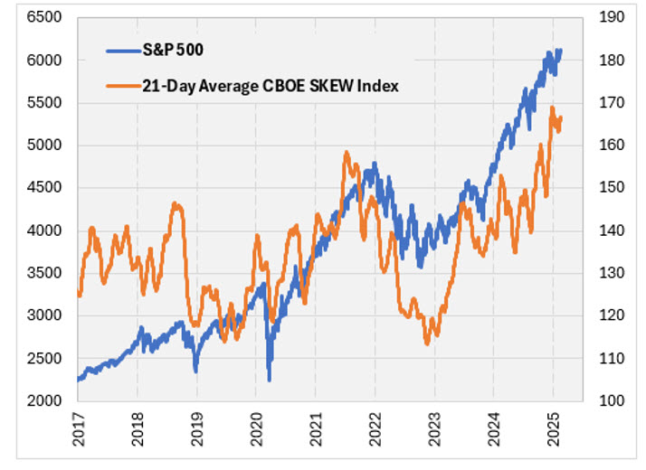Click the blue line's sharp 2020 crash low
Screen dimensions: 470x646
pos(269,380)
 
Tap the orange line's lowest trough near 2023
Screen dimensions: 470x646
pos(427,343)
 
